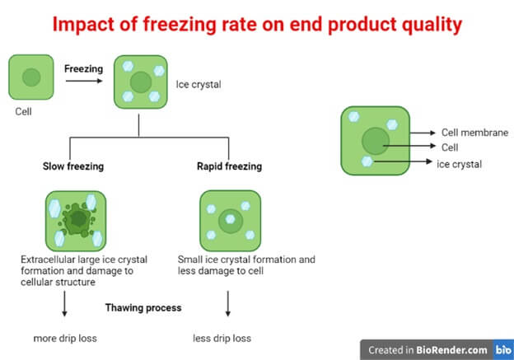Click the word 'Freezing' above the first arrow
pyautogui.click(x=83, y=69)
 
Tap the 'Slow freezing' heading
pyautogui.click(x=73, y=166)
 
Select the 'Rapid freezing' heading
pyautogui.click(x=230, y=166)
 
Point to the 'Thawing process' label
pyautogui.click(x=143, y=307)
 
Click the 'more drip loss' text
pyautogui.click(x=65, y=338)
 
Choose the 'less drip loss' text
pyautogui.click(x=222, y=338)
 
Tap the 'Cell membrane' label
pyautogui.click(x=474, y=133)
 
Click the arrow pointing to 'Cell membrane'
pyautogui.click(x=423, y=133)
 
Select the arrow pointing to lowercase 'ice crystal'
pyautogui.click(x=403, y=161)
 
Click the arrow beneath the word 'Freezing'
pyautogui.click(x=84, y=81)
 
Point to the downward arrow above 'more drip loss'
pyautogui.click(x=64, y=304)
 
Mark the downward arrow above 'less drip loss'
pyautogui.click(x=228, y=304)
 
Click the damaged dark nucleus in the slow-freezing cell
pyautogui.click(x=77, y=219)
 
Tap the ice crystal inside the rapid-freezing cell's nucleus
pyautogui.click(x=231, y=219)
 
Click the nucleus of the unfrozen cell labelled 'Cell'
pyautogui.click(x=31, y=77)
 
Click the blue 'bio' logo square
pyautogui.click(x=503, y=349)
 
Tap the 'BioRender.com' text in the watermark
pyautogui.click(x=451, y=350)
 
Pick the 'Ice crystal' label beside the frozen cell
pyautogui.click(x=199, y=85)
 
